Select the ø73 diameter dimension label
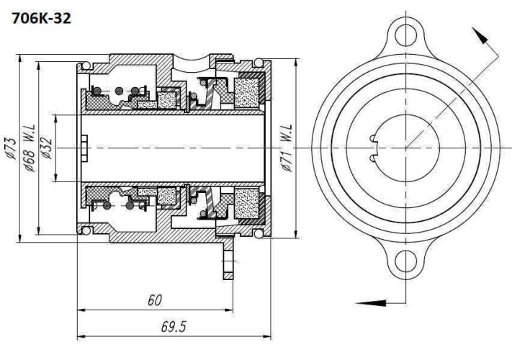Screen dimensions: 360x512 (11, 147)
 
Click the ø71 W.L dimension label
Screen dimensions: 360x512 (287, 147)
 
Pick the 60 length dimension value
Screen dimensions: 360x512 (154, 300)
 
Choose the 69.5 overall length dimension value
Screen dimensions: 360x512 (173, 326)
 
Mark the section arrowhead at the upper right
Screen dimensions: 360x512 (478, 35)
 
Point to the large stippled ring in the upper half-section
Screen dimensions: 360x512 (246, 92)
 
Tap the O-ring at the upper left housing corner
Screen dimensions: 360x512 (86, 66)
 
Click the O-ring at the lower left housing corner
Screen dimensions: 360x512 (86, 230)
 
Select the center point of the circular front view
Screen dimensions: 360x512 (407, 147)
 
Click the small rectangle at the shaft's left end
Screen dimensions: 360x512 (84, 147)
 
